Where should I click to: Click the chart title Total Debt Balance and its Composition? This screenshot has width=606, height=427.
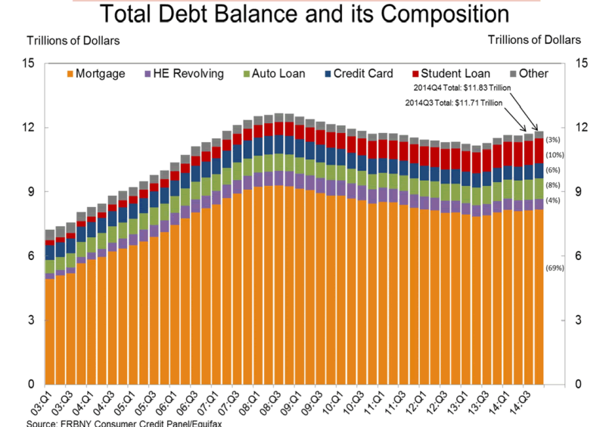click(302, 14)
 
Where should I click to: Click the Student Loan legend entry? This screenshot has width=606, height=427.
click(451, 73)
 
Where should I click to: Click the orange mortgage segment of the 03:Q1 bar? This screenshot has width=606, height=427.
click(50, 333)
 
